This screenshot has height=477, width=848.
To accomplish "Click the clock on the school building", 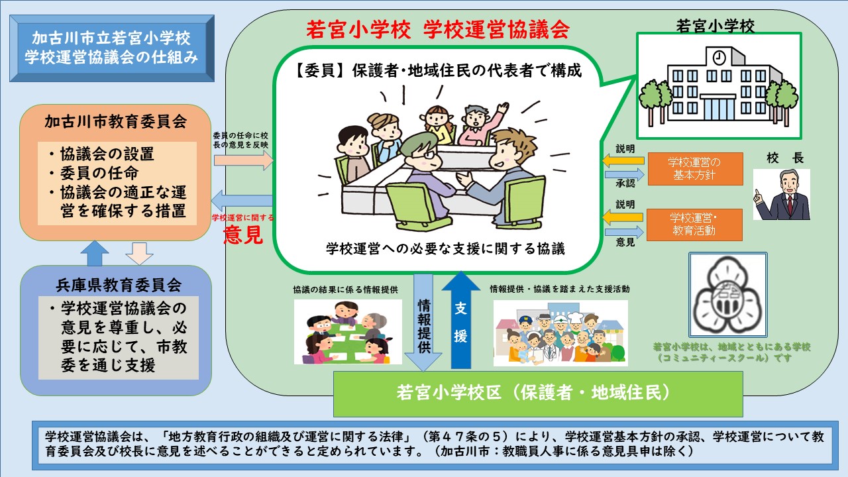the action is (719, 58).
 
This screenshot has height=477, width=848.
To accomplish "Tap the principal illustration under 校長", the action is (781, 194).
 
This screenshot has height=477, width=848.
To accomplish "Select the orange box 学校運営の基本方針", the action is (695, 169).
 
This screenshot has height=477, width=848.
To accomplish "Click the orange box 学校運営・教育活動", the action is (694, 225).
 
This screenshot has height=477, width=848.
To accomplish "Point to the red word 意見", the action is (243, 235).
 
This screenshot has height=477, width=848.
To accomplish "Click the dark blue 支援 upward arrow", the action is (460, 320).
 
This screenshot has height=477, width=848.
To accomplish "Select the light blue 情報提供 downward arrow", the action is (423, 323).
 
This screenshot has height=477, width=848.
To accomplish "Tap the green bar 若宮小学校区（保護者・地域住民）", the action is (538, 394).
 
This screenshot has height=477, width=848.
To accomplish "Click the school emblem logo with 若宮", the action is (728, 295).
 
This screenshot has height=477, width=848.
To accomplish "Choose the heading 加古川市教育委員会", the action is (115, 122).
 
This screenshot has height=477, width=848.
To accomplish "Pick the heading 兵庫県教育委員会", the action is (119, 285).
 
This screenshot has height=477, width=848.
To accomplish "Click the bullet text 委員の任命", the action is (99, 173).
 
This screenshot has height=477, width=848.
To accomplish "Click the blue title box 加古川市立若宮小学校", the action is (112, 48).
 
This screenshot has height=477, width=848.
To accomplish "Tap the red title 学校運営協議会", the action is (496, 30).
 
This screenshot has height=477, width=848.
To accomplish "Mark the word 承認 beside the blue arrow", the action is (625, 184).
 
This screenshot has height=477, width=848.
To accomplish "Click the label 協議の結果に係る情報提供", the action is (345, 290).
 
